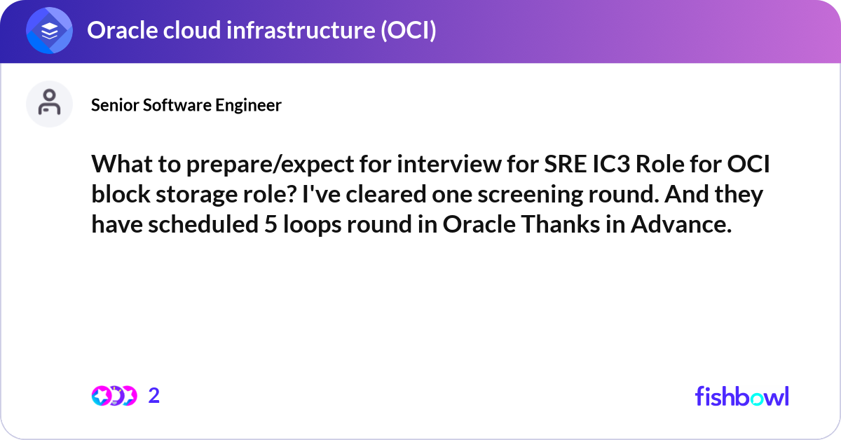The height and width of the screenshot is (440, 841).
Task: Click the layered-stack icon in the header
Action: pos(49,30)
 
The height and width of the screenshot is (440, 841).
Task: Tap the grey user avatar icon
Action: pos(49,104)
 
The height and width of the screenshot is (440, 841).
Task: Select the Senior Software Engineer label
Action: pos(186,105)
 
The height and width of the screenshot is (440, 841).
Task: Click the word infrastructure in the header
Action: pos(301,30)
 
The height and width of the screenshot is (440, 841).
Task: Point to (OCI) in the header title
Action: pos(409,30)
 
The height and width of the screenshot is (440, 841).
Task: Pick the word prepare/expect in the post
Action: pos(271,165)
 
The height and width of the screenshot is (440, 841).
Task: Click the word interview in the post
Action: pos(449,164)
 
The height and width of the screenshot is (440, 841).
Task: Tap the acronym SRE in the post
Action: pos(566,164)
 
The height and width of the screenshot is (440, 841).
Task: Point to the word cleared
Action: pos(386,194)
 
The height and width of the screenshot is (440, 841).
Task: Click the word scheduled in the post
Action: pos(203,224)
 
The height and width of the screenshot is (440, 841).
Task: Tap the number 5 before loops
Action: pos(271,224)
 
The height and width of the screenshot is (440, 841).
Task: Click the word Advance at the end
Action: pos(681,224)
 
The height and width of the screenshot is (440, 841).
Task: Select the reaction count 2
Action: pos(154,396)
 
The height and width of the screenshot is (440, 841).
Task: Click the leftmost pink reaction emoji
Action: pos(102,396)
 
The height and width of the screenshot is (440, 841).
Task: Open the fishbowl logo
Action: pos(742,396)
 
